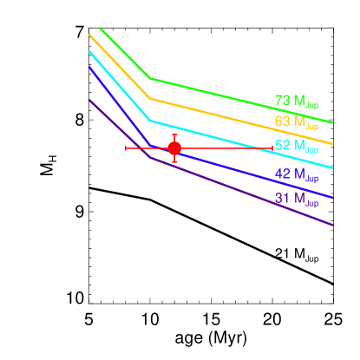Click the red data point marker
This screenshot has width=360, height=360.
click(174, 148)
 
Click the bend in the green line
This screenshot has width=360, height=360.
click(151, 79)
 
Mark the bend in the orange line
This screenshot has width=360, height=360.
click(151, 99)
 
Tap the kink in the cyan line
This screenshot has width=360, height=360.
click(151, 121)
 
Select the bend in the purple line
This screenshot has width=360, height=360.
click(151, 158)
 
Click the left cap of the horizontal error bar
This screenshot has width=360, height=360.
click(126, 148)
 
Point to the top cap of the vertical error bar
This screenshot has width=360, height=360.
click(174, 134)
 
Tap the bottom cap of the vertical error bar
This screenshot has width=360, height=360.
click(174, 161)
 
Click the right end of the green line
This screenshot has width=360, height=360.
click(333, 122)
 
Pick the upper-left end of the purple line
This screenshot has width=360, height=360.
click(89, 100)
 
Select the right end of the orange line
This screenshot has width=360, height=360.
click(333, 144)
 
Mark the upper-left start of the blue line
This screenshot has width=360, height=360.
click(89, 67)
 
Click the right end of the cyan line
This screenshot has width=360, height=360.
click(333, 168)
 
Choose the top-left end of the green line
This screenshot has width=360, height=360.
click(100, 28)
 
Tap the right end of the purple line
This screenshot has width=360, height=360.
click(333, 225)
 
